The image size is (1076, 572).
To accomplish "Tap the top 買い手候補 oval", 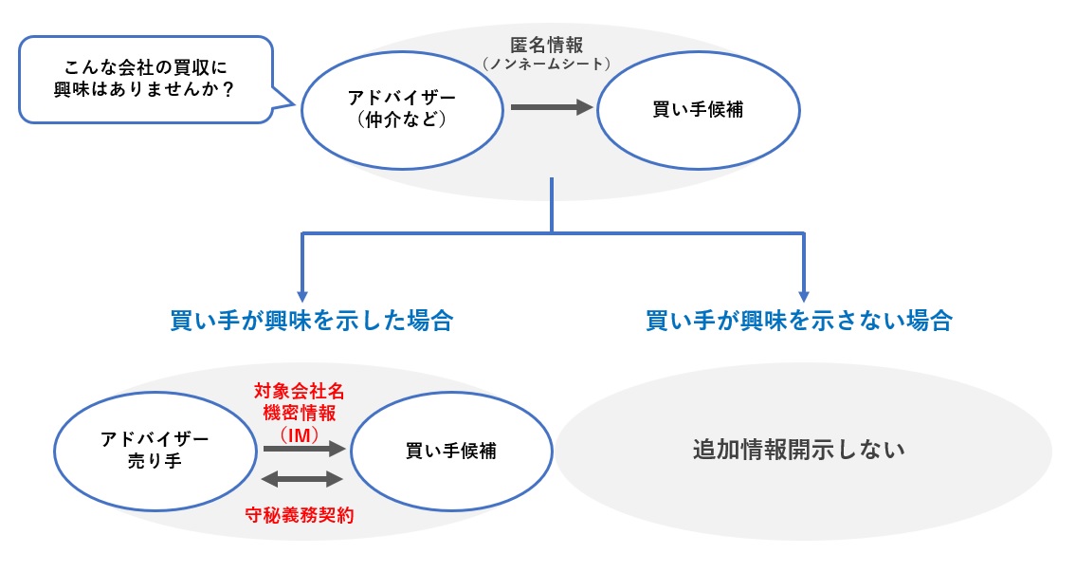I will point(698,109).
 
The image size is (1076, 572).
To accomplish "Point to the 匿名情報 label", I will point(548,45).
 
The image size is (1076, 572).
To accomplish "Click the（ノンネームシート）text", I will point(547,64).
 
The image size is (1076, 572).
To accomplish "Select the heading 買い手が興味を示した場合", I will point(311,321).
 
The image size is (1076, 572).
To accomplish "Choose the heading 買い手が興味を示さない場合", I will point(798,321).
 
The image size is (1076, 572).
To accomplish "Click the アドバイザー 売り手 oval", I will point(154,451).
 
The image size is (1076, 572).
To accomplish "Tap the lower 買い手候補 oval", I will point(451,451).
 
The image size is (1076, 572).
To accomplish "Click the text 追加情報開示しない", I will point(798,450).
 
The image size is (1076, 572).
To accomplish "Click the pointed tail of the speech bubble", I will point(283,98).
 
